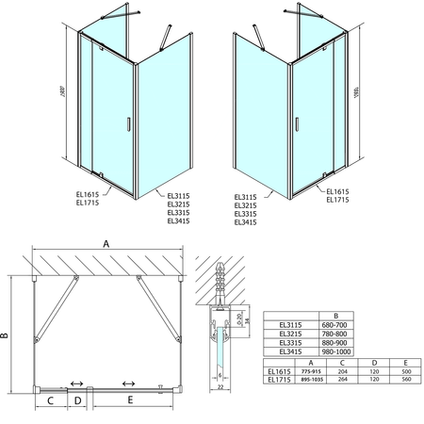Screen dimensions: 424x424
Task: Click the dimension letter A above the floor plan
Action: (106, 242)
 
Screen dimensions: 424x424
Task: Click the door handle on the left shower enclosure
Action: (128, 122)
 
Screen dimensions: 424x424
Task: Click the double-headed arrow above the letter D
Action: (77, 384)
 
